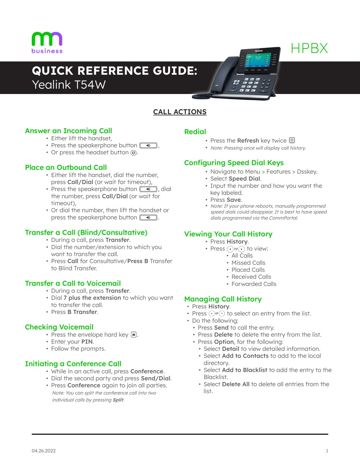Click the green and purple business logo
click(x=47, y=42)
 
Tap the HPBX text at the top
click(x=309, y=48)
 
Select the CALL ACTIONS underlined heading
click(x=180, y=112)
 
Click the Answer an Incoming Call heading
click(x=69, y=130)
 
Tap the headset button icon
click(x=133, y=153)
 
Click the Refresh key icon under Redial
click(x=292, y=140)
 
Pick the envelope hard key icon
click(x=134, y=334)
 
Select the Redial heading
click(x=195, y=132)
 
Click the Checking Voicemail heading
click(x=59, y=327)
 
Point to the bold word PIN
click(x=87, y=342)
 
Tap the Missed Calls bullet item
click(x=248, y=263)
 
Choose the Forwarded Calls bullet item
click(x=254, y=284)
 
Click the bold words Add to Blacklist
click(x=244, y=370)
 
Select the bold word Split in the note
click(x=118, y=400)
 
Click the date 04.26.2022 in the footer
click(x=44, y=451)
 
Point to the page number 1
click(x=327, y=451)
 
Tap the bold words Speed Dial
click(x=244, y=179)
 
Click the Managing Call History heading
click(x=223, y=299)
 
